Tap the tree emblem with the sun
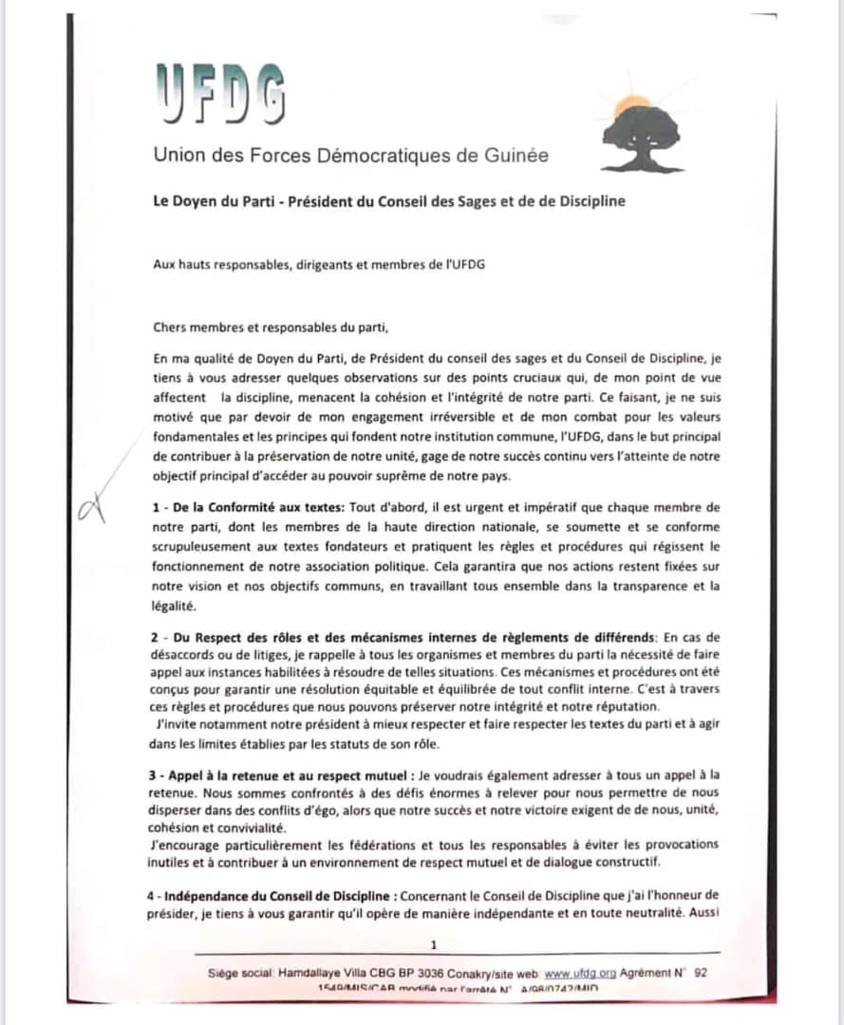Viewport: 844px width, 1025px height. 643,132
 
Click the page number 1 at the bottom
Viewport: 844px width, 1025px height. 434,944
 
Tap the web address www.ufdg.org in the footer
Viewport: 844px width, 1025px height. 580,973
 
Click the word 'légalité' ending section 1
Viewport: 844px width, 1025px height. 172,605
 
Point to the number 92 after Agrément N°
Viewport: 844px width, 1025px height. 701,973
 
